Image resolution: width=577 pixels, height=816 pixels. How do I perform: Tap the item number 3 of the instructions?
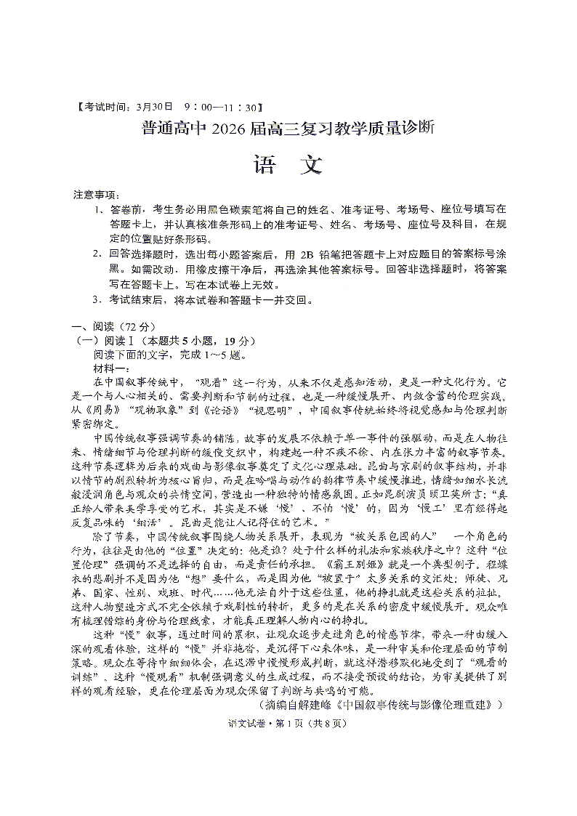[x=96, y=299]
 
